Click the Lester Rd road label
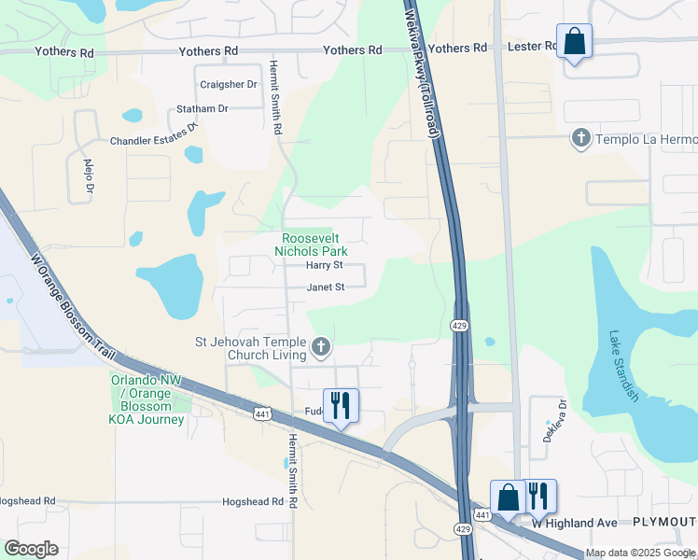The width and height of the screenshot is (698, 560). point(530,47)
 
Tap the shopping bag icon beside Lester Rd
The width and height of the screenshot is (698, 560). point(574,42)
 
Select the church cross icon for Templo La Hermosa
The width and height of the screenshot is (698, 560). point(580,139)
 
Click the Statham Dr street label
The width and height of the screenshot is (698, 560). point(202,109)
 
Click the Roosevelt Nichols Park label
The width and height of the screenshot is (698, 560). point(314,245)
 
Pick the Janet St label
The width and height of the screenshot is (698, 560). point(327,287)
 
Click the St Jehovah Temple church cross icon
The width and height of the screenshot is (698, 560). point(321,348)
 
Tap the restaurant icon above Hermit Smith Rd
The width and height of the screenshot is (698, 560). point(341,405)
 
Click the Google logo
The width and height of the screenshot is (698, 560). point(31,549)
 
